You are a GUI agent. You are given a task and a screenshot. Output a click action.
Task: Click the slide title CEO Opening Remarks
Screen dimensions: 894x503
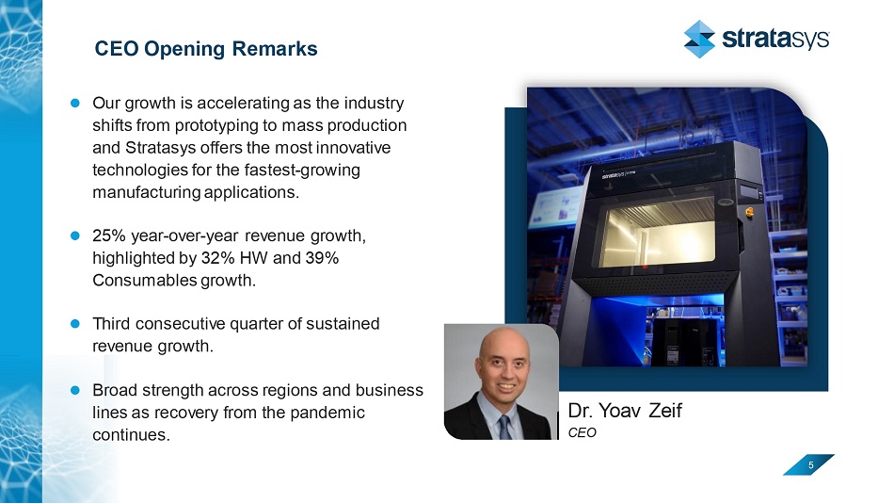206,49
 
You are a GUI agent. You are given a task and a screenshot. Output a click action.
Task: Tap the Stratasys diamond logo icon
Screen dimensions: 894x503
699,39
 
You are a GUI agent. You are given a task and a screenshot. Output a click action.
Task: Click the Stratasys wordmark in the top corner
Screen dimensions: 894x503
775,39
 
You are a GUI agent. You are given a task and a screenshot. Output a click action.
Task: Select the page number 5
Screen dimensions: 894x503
811,465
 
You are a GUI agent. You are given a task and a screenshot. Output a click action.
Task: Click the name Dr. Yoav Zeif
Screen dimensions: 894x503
625,411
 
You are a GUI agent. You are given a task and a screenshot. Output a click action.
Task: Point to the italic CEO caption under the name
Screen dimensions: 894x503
583,432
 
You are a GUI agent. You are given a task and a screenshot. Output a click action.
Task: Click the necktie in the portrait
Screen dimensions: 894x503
504,427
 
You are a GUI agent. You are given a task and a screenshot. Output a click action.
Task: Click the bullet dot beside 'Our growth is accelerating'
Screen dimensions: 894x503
74,104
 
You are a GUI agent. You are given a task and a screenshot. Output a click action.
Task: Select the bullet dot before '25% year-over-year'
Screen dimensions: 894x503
74,235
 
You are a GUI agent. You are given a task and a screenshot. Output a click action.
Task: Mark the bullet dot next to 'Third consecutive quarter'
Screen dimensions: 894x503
74,324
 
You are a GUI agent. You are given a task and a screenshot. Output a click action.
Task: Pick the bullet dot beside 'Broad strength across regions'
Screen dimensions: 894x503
74,390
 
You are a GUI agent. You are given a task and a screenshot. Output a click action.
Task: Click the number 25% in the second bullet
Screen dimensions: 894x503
109,235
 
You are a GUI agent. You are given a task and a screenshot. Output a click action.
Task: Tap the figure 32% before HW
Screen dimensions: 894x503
217,258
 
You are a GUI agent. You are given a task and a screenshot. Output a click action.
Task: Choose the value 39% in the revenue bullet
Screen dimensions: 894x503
322,258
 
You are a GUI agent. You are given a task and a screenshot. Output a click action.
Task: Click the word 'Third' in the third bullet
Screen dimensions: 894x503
112,324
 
